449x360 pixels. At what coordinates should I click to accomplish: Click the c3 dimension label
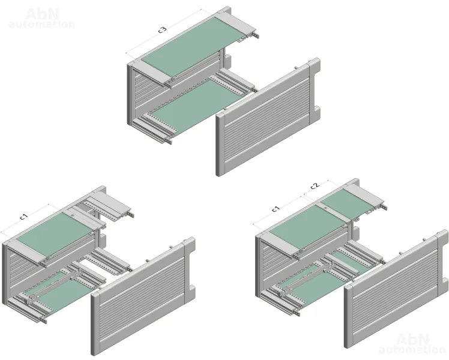[162, 30]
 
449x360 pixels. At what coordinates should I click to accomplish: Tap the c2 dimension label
[315, 185]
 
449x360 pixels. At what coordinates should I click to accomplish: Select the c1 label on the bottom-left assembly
[25, 217]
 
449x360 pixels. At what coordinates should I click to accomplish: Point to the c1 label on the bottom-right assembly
[276, 209]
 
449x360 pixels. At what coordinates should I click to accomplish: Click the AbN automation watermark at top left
[42, 19]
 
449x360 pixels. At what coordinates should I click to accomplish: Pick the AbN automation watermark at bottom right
[412, 343]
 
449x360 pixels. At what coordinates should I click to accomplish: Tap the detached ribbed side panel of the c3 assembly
[268, 117]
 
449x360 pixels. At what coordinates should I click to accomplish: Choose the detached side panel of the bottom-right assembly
[396, 289]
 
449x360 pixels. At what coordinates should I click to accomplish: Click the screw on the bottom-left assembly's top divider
[73, 215]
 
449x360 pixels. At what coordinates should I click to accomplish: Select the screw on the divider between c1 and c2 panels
[326, 208]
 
